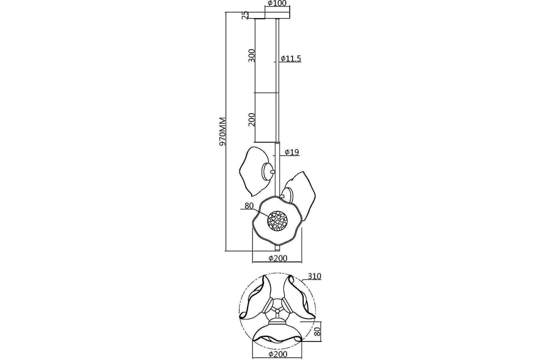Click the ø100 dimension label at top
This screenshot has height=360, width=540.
[x=277, y=4]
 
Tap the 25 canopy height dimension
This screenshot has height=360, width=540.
[x=245, y=15]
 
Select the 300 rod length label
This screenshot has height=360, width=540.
[x=252, y=55]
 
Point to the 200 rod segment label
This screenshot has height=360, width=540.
[x=252, y=120]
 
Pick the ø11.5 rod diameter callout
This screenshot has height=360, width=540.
[x=291, y=58]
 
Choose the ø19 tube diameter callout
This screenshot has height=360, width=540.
[x=292, y=152]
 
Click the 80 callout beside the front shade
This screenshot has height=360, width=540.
[x=249, y=206]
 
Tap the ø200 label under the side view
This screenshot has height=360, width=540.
[x=278, y=258]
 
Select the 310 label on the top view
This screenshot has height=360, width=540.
[x=315, y=276]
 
